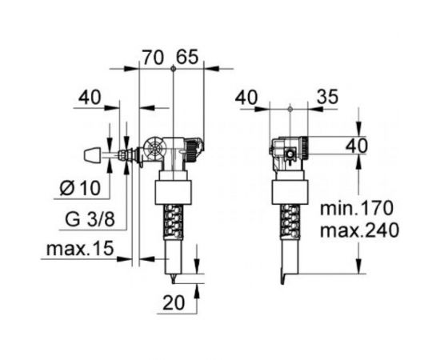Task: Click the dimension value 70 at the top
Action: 153,58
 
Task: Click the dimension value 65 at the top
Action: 187,58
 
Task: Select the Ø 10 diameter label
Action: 80,187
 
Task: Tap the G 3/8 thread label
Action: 90,219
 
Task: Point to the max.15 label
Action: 80,248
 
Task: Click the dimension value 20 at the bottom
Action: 174,302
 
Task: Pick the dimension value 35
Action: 328,97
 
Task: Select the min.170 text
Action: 357,208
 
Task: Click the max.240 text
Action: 359,230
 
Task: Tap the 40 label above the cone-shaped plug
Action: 90,98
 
